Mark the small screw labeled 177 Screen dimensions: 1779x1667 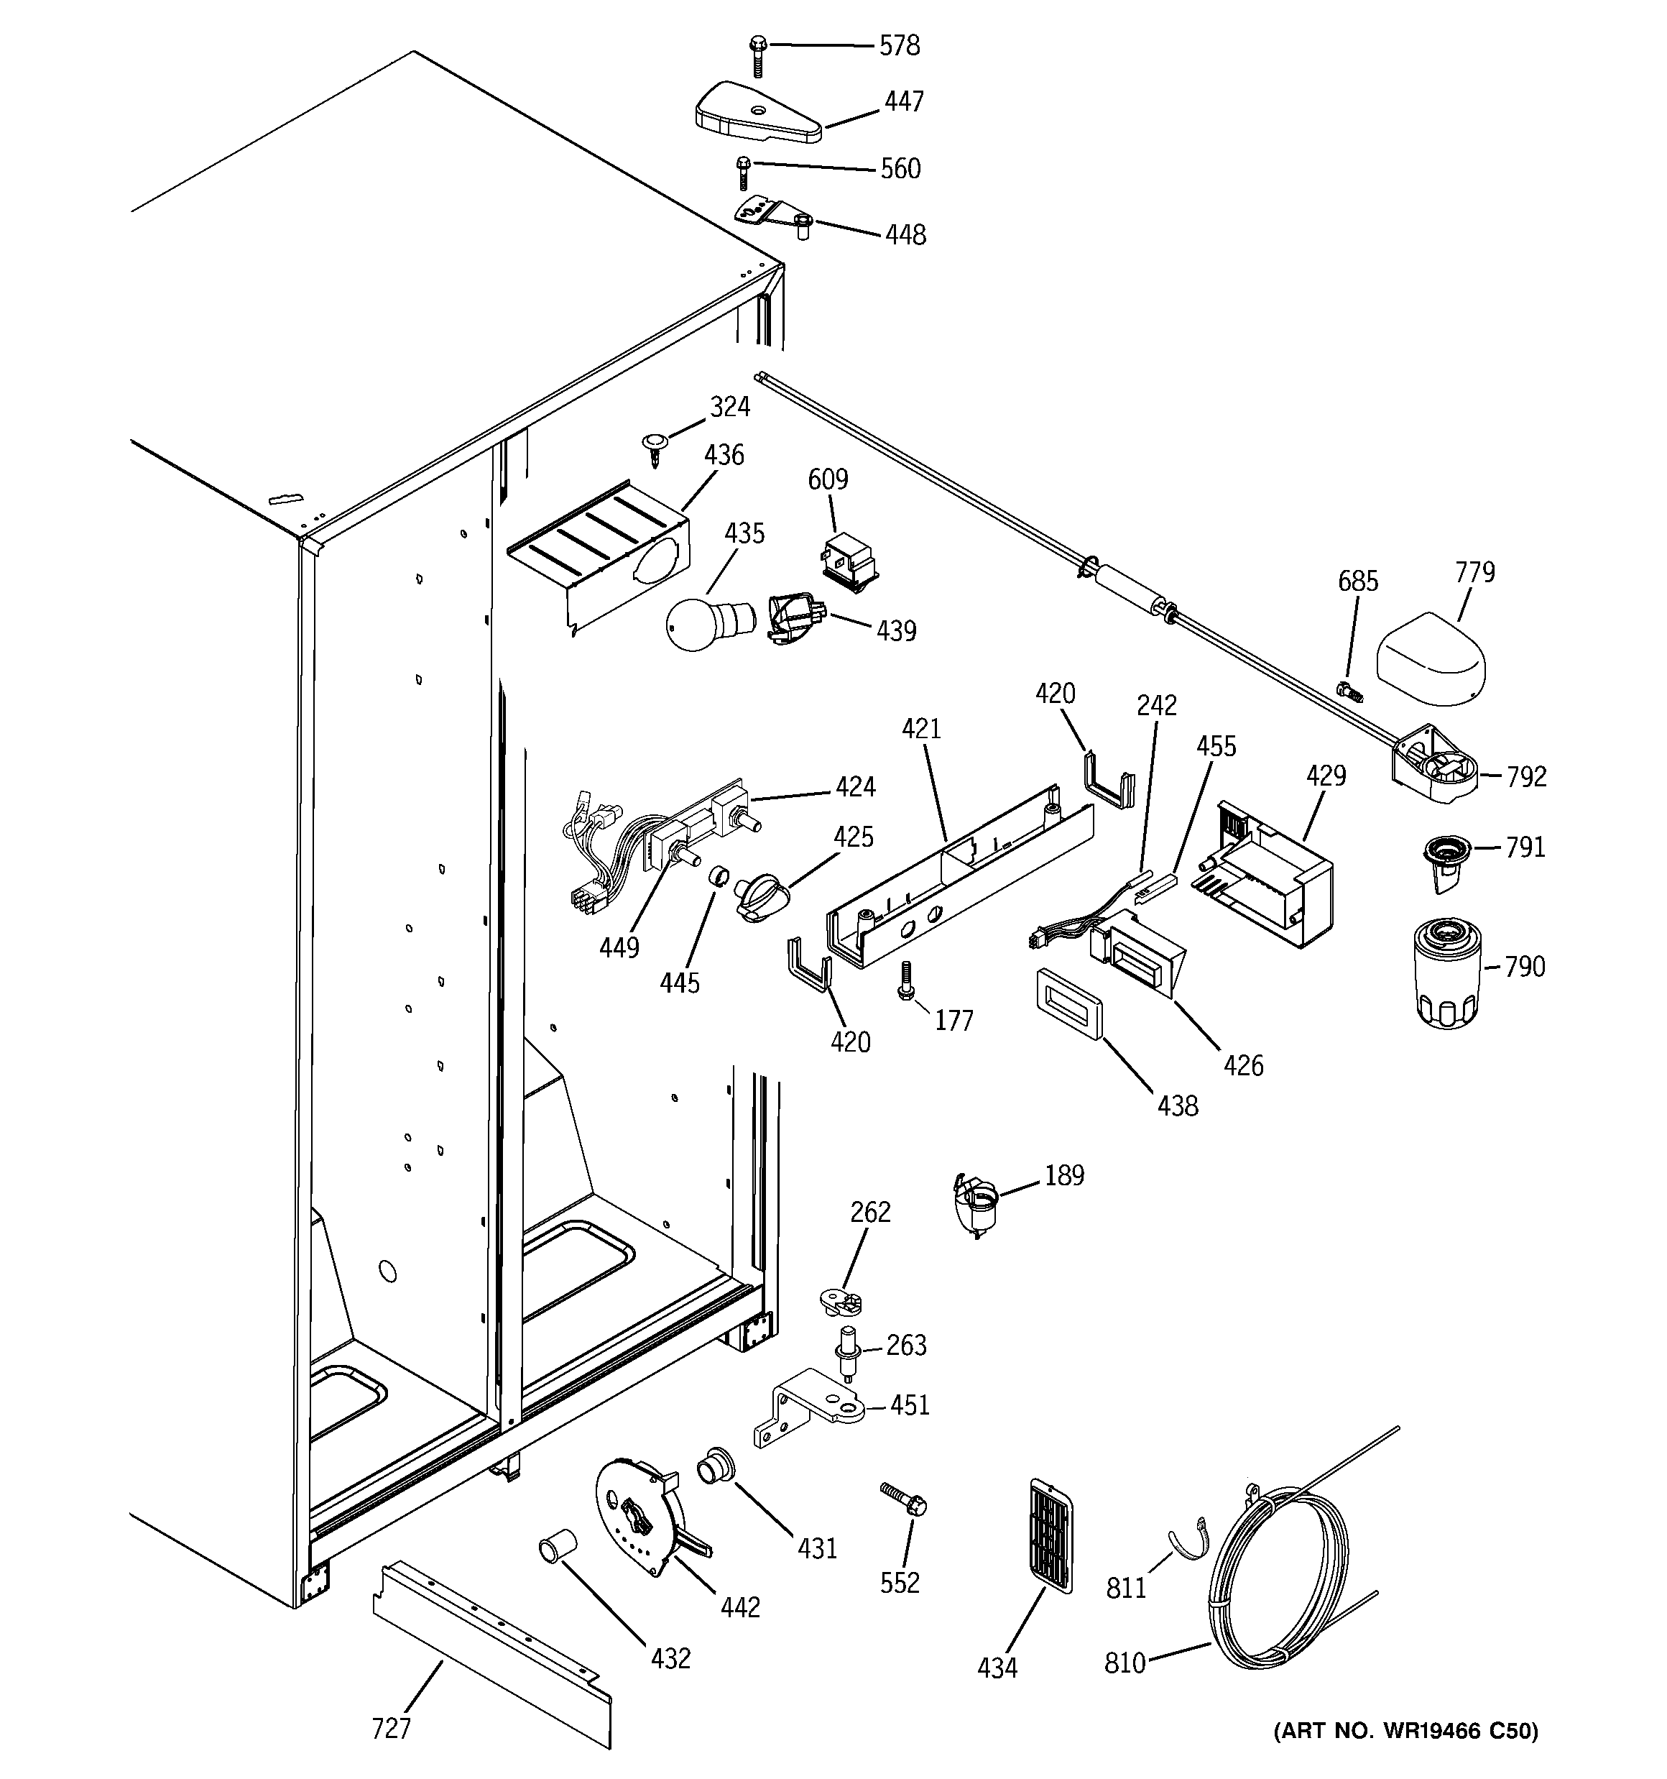coord(905,980)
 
